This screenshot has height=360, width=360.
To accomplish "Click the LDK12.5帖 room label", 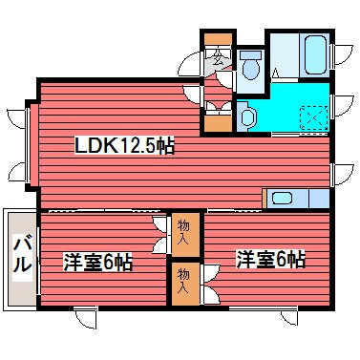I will point(124,146).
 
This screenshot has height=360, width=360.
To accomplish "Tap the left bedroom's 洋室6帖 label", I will point(98,261).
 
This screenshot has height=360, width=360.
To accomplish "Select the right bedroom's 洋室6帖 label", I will point(271,259).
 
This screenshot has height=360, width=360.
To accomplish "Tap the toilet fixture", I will point(252,68).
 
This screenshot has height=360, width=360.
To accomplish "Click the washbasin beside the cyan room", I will point(246,116).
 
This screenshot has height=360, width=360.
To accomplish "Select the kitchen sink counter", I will point(291,199).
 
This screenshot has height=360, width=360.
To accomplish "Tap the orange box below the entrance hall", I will point(219,121).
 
